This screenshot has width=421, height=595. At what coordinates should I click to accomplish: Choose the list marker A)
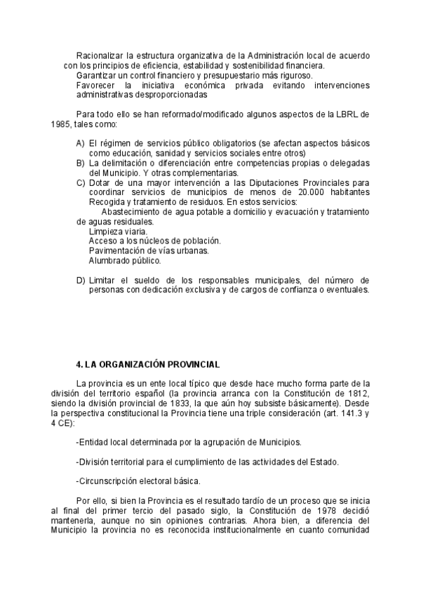(x=81, y=143)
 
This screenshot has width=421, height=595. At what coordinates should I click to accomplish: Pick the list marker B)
(x=81, y=163)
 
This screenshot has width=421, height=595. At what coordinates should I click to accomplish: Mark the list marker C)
(x=81, y=182)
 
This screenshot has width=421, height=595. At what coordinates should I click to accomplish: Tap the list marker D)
(x=81, y=281)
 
